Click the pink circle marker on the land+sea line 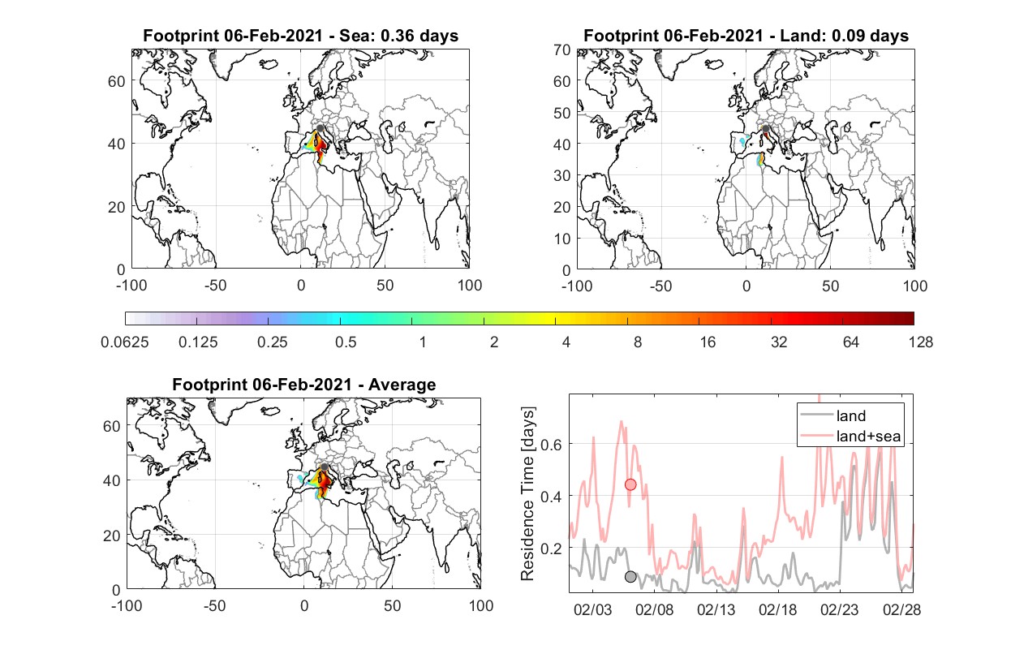pyautogui.click(x=630, y=484)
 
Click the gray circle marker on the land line pyautogui.click(x=630, y=576)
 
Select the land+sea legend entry pyautogui.click(x=850, y=436)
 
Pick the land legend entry pyautogui.click(x=833, y=415)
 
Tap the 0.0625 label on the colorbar pyautogui.click(x=125, y=342)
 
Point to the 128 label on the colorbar pyautogui.click(x=920, y=342)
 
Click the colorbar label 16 pyautogui.click(x=708, y=342)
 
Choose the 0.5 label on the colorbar pyautogui.click(x=346, y=342)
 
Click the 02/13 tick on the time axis pyautogui.click(x=716, y=609)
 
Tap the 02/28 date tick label pyautogui.click(x=901, y=609)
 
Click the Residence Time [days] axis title pyautogui.click(x=527, y=494)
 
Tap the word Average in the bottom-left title pyautogui.click(x=402, y=385)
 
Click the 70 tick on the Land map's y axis pyautogui.click(x=562, y=49)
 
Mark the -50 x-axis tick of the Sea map pyautogui.click(x=215, y=286)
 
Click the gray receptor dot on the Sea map pyautogui.click(x=320, y=128)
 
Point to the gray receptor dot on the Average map pyautogui.click(x=324, y=467)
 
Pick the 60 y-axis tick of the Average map pyautogui.click(x=111, y=427)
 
